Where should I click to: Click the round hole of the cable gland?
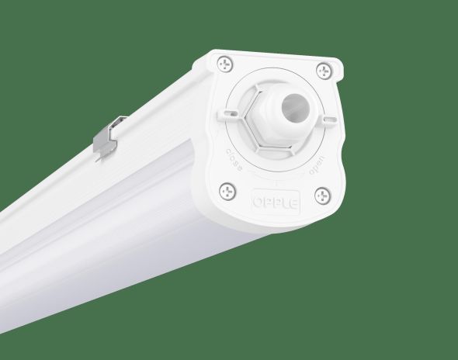[293, 103]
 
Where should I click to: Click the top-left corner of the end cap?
[211, 54]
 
